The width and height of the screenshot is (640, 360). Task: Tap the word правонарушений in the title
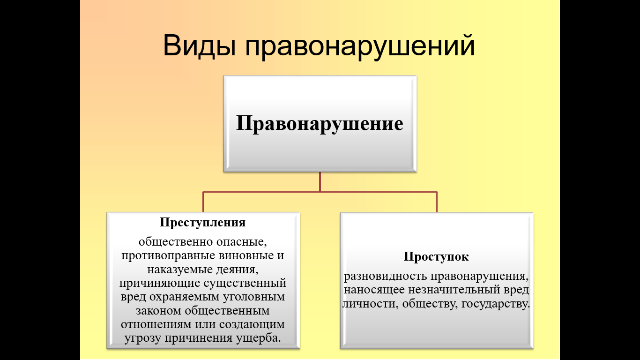360,46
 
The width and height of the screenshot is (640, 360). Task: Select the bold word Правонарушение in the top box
320,124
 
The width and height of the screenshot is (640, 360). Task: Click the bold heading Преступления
202,222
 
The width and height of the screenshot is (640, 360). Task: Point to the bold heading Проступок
436,257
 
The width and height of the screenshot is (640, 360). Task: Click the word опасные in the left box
241,242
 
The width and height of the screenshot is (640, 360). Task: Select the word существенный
245,284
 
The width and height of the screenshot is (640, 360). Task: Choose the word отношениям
156,324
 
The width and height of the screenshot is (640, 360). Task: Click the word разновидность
385,277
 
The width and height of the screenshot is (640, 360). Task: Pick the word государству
496,304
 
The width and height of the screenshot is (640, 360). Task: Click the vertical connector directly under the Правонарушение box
320,182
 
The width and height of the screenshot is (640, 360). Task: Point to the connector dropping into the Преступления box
203,202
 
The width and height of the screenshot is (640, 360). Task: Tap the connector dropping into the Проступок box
437,202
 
